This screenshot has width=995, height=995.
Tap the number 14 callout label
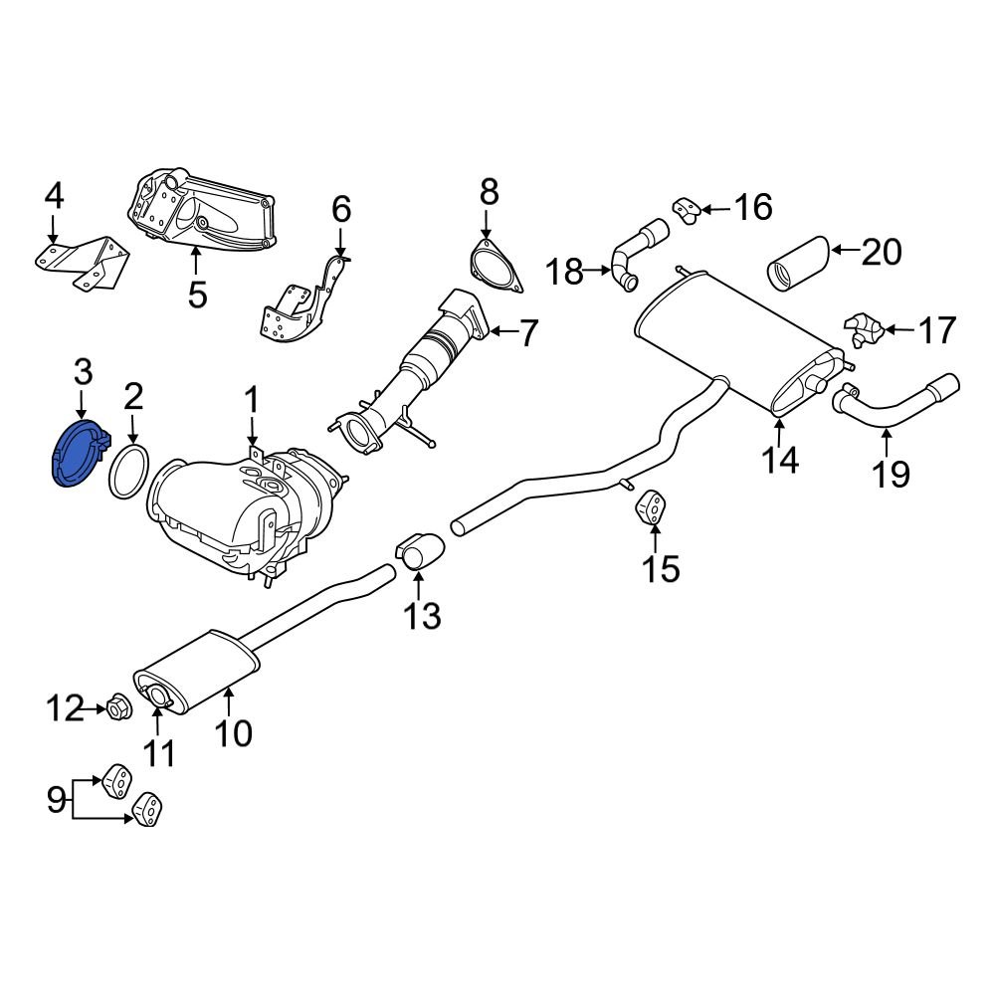[780, 460]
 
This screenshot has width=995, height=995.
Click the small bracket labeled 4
[86, 261]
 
